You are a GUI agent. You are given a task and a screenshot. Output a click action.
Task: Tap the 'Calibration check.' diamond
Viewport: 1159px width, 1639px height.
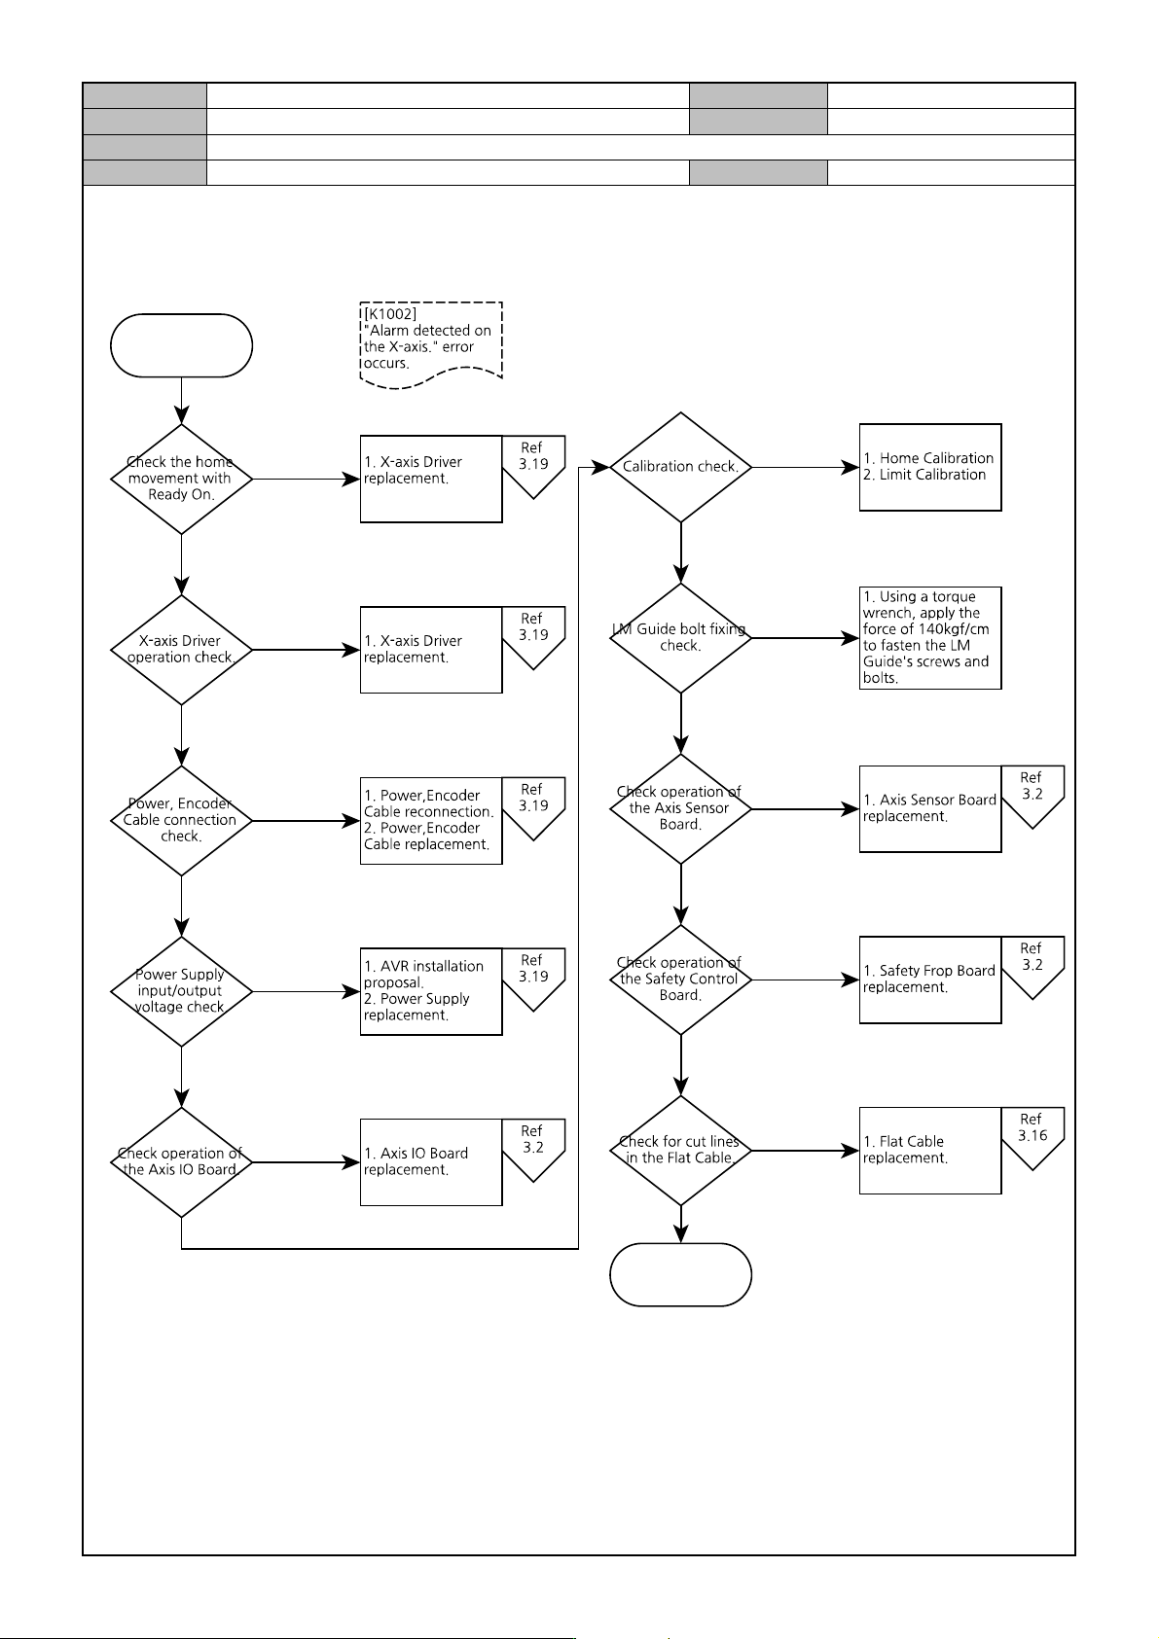[x=681, y=467]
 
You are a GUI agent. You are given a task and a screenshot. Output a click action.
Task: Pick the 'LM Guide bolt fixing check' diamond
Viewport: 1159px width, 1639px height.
[x=681, y=638]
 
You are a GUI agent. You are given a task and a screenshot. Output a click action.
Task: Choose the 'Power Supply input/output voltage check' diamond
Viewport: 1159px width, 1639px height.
[x=182, y=991]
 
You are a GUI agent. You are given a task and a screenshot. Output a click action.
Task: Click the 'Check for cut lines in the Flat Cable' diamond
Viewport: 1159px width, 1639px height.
[x=681, y=1151]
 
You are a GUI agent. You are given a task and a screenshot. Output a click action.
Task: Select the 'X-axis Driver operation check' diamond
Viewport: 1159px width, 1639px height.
[x=182, y=650]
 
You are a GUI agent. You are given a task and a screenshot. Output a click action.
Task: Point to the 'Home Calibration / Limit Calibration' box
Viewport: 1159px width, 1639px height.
[x=930, y=467]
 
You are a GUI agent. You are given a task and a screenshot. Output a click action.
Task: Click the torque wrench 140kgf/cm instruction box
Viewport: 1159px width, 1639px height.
[x=930, y=638]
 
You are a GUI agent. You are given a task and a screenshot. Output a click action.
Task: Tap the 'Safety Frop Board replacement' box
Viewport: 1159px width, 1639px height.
[x=930, y=980]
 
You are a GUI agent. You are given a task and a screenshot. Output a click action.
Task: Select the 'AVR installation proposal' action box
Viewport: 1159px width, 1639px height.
[x=431, y=991]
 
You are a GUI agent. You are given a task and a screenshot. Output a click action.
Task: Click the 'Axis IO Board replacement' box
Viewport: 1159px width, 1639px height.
[x=431, y=1162]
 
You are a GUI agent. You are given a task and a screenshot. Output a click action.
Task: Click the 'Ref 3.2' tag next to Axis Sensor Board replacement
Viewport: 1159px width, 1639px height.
[x=1032, y=796]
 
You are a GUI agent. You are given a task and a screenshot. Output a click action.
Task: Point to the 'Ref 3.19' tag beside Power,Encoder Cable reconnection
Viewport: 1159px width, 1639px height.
[x=533, y=807]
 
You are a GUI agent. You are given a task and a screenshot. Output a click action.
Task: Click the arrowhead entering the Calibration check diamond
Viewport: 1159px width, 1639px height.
[x=600, y=467]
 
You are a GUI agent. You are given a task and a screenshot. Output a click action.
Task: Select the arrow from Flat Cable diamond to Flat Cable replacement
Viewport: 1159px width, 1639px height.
[x=806, y=1151]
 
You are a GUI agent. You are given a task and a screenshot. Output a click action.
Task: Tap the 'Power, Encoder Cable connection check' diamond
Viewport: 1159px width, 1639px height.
[x=182, y=820]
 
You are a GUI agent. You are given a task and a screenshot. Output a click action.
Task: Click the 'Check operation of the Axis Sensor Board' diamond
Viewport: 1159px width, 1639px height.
[x=681, y=808]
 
